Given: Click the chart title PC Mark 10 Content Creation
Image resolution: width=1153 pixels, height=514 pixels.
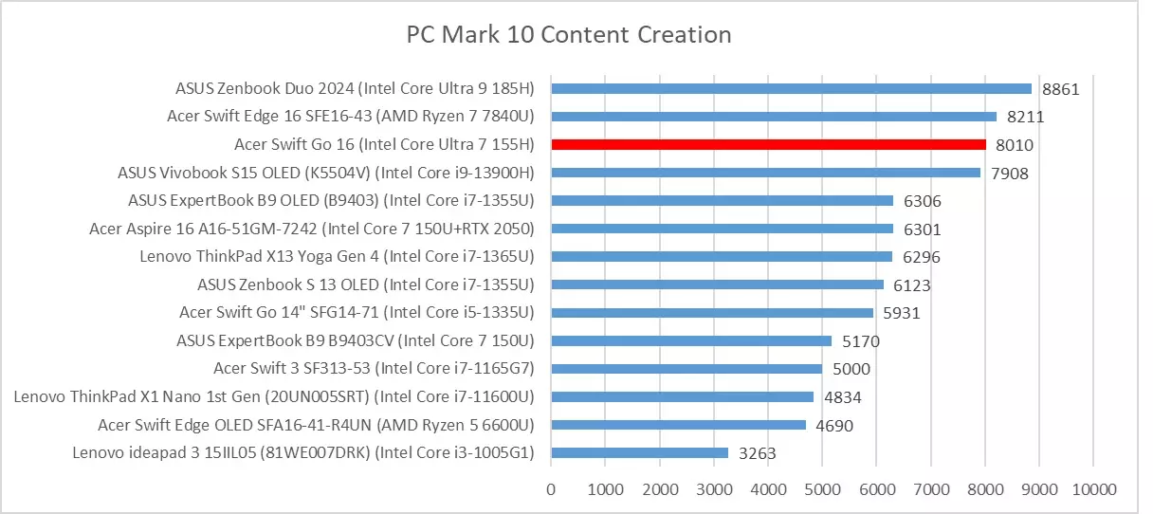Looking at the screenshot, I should point(569,35).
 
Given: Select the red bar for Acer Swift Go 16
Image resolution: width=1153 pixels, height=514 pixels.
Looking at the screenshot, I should point(769,144).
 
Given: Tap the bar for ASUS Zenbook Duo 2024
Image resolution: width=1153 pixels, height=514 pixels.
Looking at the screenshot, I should point(792,88).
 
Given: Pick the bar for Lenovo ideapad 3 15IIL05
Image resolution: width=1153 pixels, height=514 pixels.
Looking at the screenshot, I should point(640,453).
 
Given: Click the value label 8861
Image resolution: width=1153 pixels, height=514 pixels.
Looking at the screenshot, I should point(1061,89).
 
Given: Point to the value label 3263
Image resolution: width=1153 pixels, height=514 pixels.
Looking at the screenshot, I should point(757,454).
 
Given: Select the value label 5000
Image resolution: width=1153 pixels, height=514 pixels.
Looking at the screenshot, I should point(851,370).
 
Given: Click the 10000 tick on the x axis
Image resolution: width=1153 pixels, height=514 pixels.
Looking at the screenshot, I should point(1093,489).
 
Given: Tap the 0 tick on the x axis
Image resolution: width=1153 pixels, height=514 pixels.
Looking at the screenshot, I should point(552,489).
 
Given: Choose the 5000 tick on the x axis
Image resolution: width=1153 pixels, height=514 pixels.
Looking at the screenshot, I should point(822,489).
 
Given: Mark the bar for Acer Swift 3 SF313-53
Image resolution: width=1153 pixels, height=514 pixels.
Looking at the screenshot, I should point(687,369).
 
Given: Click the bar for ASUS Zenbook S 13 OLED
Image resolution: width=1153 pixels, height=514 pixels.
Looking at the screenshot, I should point(718,285).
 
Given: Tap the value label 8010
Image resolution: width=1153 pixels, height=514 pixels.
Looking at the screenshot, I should point(1015,145).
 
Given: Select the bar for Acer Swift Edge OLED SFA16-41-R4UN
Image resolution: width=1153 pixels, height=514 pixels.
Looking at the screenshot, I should point(679,425).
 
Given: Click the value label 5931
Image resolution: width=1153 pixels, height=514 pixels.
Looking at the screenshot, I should point(901,313).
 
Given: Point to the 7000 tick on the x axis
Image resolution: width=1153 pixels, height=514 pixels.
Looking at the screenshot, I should point(930,489).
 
